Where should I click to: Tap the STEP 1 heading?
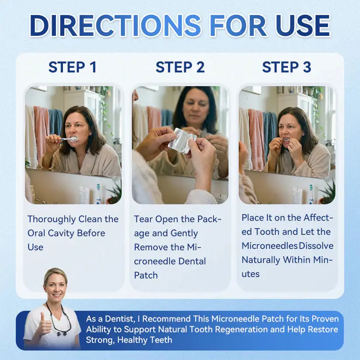click(72, 67)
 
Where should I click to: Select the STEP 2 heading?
click(180, 67)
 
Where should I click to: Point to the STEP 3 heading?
click(287, 67)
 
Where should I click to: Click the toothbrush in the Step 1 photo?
click(66, 139)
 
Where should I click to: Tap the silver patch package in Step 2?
click(182, 140)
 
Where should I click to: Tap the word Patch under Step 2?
click(146, 275)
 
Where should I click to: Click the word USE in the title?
click(303, 26)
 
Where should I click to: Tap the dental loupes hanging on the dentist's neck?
click(59, 326)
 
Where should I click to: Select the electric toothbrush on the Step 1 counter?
click(98, 194)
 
